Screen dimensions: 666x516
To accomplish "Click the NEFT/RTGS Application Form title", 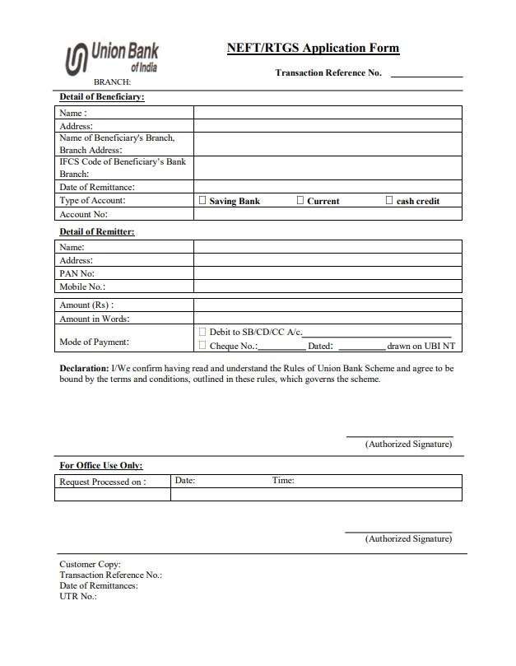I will [313, 48].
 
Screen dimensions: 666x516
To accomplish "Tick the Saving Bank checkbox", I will [202, 200].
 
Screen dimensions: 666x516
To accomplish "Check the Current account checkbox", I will [300, 200].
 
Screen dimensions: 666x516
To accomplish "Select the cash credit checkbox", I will [389, 200].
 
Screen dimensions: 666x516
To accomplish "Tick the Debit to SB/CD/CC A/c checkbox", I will [202, 331].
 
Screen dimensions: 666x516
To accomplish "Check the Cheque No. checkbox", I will [202, 346].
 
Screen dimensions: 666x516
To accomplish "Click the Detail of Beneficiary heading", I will [101, 97].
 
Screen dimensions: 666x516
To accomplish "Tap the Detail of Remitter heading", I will [96, 231].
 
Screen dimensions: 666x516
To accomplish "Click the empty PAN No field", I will [327, 273].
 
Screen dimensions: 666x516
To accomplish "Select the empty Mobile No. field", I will [327, 286].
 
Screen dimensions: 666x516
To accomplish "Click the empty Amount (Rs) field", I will [327, 305].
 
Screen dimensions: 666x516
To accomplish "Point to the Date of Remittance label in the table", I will [96, 188].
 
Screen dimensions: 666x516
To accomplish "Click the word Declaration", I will [84, 368].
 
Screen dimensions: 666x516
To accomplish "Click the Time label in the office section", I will [283, 481].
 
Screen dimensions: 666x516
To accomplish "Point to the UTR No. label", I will [78, 596].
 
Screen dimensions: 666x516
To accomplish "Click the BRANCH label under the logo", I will [112, 82].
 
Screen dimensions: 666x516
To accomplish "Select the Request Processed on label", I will [103, 482].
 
